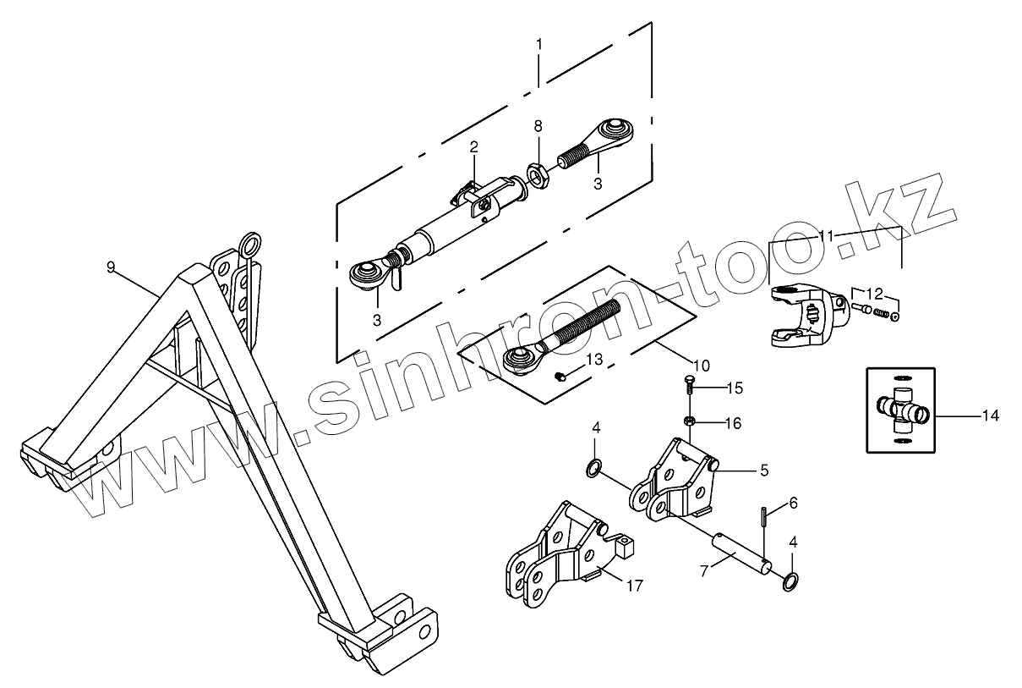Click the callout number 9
111,267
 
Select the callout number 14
990,416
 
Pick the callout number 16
733,422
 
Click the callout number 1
539,41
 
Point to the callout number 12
874,294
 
